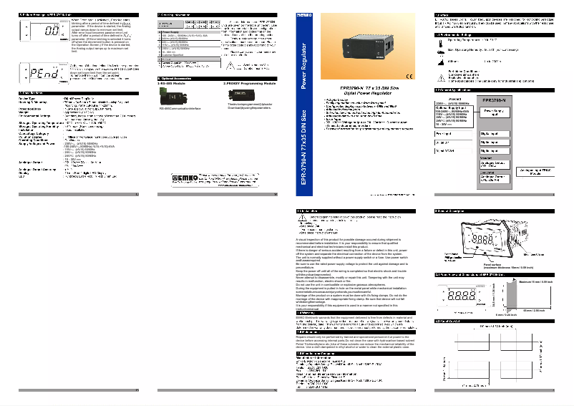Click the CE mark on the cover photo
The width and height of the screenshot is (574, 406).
point(409,77)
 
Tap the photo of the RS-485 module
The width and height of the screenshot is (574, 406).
point(175,96)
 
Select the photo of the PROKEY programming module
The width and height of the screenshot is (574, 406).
point(247,96)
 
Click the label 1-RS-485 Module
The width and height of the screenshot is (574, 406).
point(172,84)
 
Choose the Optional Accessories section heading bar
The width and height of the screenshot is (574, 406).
point(216,78)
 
